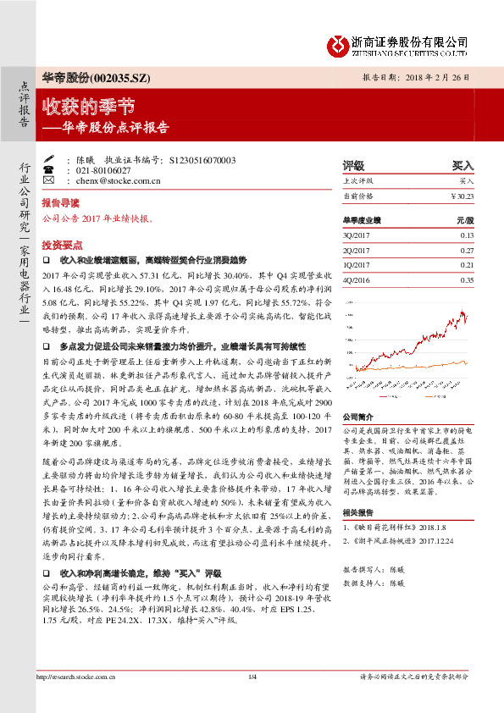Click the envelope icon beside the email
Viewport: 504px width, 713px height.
tap(47, 180)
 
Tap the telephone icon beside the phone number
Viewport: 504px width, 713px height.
tap(47, 170)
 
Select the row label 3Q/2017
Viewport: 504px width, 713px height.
tap(356, 235)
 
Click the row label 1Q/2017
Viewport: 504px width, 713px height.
tap(356, 265)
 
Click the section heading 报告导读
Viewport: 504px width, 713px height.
tap(60, 204)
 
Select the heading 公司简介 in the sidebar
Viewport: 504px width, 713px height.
tap(357, 418)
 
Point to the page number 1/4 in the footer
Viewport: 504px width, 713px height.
tap(252, 699)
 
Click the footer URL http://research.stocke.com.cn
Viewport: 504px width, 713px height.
tap(77, 699)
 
